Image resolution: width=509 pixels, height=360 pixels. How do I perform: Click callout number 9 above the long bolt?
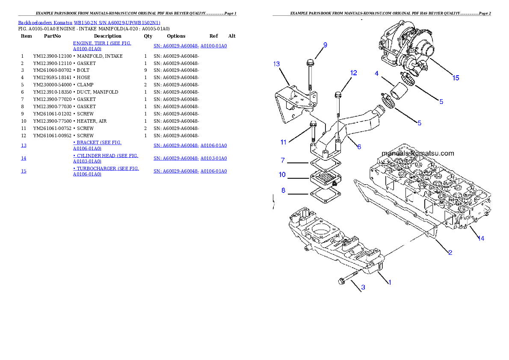325,45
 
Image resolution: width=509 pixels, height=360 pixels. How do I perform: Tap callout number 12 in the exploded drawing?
353,73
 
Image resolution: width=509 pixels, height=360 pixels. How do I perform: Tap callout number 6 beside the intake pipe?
359,147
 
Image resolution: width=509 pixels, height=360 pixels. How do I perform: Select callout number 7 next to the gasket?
283,160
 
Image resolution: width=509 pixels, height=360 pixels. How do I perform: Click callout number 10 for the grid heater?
282,174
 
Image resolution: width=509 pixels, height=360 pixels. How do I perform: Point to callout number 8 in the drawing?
283,190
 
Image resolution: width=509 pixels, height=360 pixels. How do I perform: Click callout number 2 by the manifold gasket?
450,253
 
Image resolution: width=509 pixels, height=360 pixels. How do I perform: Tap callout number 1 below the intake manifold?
389,282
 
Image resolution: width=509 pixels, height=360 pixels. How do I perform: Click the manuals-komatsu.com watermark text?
417,153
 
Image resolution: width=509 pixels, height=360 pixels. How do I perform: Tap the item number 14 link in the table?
24,158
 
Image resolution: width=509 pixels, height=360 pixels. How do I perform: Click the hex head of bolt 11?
312,124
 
